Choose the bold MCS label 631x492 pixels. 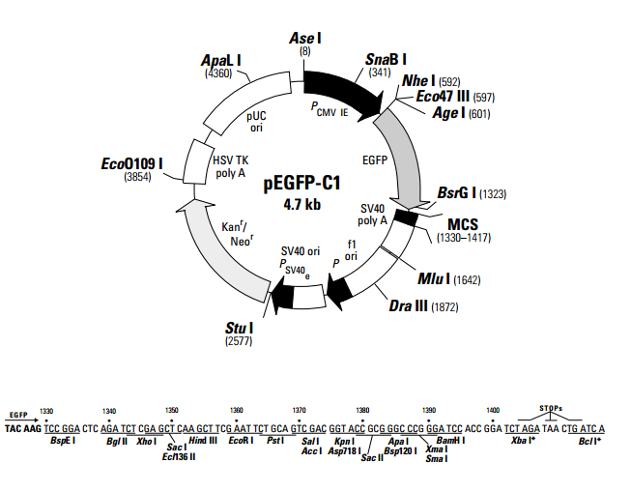point(457,224)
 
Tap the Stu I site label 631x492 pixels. point(238,329)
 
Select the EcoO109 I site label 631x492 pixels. point(131,163)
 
